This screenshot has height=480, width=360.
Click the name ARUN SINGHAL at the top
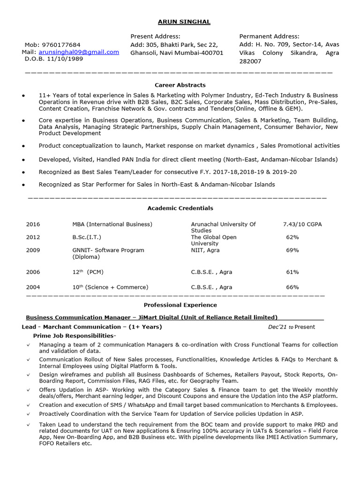184,22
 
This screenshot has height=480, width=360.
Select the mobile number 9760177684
61,45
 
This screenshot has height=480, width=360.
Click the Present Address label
155,36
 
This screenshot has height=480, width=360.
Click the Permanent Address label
269,36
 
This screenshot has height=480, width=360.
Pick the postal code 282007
250,61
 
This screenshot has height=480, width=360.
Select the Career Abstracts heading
180,85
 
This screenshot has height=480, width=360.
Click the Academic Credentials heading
180,208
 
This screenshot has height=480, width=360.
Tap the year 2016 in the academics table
33,224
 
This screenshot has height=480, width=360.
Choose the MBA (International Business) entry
112,224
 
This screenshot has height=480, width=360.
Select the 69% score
292,250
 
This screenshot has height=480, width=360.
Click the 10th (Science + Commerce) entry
110,287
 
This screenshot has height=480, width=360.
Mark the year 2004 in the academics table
33,287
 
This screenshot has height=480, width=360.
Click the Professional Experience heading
180,305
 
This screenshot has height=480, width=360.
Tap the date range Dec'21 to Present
291,327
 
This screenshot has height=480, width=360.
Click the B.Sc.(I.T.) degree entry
87,237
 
